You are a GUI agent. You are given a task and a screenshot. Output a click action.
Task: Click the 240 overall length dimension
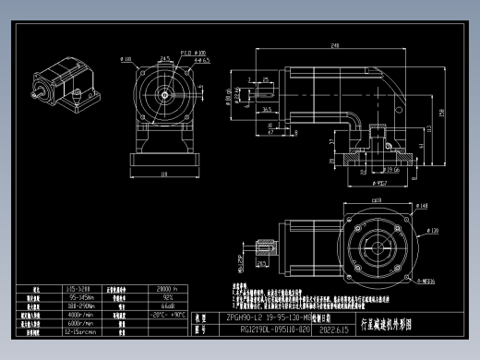click(333, 45)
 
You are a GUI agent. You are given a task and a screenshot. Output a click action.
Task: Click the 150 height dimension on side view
click(442, 113)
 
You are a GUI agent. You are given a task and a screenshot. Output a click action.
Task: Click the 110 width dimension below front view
click(164, 174)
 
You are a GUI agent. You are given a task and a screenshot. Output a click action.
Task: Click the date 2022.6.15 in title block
click(345, 328)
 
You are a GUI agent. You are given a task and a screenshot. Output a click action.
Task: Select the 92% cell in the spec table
click(167, 297)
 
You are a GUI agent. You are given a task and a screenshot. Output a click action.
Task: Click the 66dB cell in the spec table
click(167, 306)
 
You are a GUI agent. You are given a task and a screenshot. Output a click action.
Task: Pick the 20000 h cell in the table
click(167, 288)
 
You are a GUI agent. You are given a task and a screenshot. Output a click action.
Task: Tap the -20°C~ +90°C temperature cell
click(167, 314)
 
